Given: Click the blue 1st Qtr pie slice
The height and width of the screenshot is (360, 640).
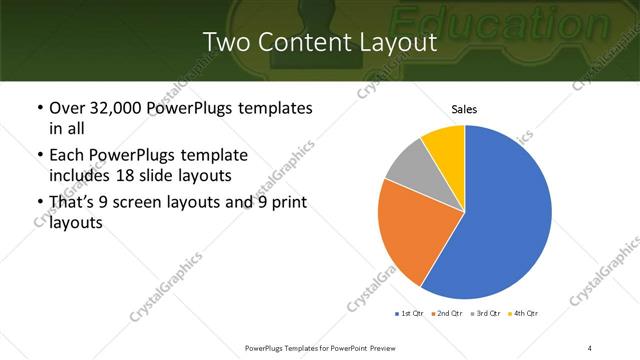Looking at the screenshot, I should point(500,220).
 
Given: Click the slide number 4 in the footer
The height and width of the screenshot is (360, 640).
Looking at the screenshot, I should point(590,347).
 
